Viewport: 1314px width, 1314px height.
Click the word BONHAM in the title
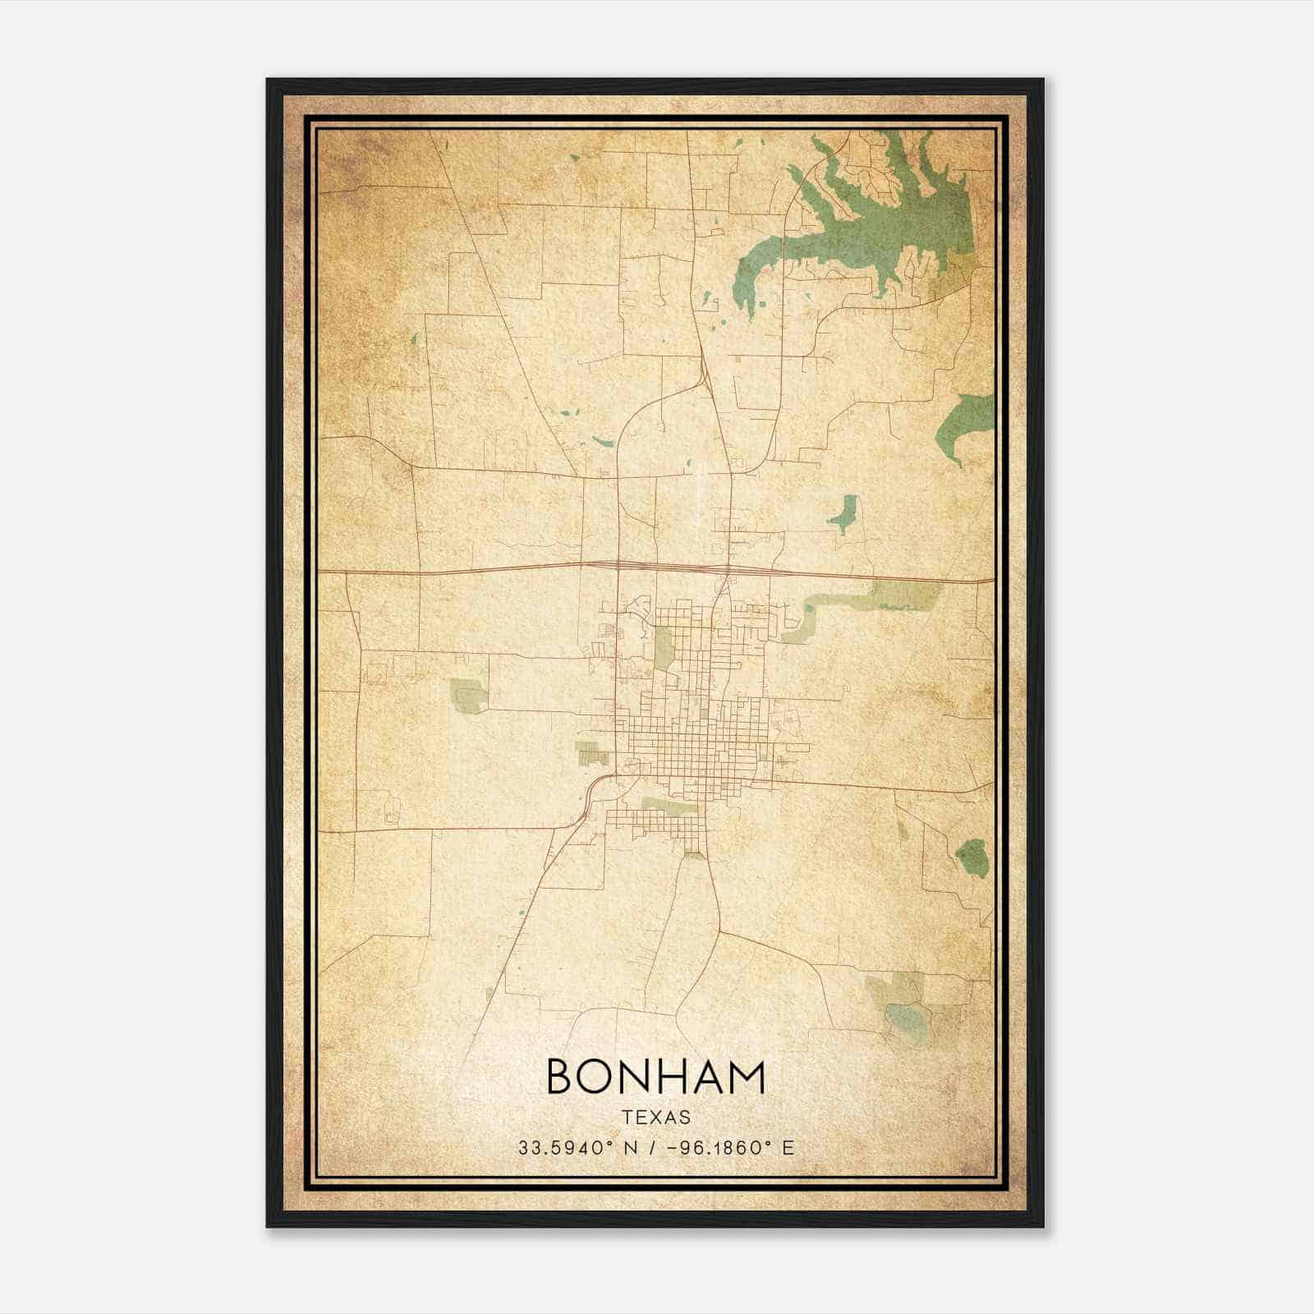click(655, 1077)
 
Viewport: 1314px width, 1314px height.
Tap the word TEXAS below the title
click(655, 1118)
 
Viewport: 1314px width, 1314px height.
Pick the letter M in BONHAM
click(747, 1077)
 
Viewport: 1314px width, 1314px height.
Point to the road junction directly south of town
click(719, 933)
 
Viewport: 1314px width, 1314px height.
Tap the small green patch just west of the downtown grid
click(590, 751)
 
